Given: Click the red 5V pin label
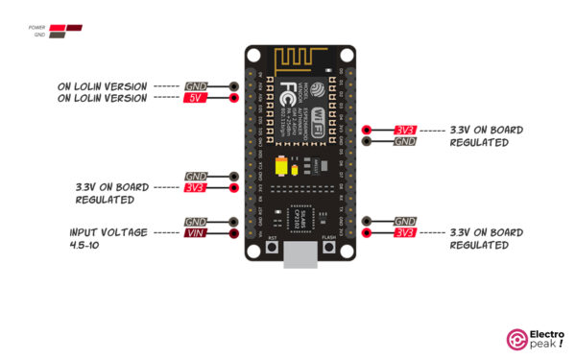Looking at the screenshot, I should click(196, 98).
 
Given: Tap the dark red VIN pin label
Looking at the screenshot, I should click(196, 233).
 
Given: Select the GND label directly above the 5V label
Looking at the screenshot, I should click(196, 86).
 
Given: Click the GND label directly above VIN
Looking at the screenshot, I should click(196, 221).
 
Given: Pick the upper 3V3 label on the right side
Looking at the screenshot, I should click(404, 130).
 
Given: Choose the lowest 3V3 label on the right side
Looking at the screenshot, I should click(404, 233).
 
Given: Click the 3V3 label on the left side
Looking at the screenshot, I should click(196, 188).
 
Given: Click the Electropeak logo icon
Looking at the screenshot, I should click(516, 338).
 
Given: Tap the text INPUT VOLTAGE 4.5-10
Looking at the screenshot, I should click(108, 239).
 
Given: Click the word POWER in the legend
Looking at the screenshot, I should click(38, 27).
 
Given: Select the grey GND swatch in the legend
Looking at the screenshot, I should click(58, 35).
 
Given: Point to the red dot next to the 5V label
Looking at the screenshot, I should click(234, 98).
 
